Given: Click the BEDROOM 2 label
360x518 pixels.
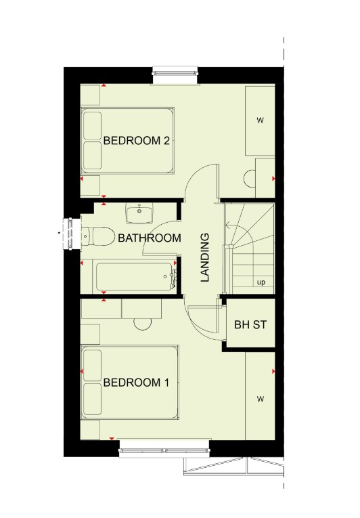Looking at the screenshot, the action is pos(137,141).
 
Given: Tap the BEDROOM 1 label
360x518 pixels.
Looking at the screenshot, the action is pos(136,383).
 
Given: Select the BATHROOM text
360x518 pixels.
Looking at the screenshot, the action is pos(150,238).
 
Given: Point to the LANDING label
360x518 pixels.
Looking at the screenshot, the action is pos(205,257).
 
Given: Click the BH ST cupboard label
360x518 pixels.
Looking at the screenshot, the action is pos(250,324).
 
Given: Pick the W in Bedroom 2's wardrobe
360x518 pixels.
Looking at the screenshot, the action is pos(261,121).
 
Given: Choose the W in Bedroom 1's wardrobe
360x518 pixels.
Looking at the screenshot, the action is pos(261,399).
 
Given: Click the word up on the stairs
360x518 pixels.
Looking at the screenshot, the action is pos(261,282).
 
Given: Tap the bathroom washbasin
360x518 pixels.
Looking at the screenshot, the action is pos(139,213).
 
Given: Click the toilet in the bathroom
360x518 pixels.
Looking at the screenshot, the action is pos(97,236).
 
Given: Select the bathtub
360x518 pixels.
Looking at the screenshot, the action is pos(136,276).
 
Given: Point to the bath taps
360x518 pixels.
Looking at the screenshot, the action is pos(173,278).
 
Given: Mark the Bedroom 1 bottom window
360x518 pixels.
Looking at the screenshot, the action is pos(164,450).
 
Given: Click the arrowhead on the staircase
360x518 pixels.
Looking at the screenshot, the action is pos(227,225).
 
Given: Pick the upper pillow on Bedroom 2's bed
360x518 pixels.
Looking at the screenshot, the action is pos(93,125).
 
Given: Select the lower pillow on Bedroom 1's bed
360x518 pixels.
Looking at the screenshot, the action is pos(92,400).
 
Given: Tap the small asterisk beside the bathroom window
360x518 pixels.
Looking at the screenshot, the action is pos(59,233).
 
